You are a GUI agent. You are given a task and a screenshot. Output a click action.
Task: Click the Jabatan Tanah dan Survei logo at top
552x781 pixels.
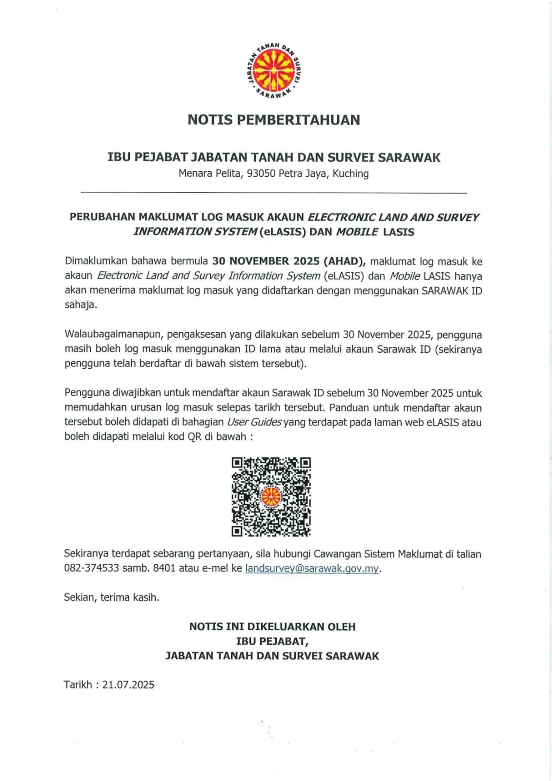tap(274, 71)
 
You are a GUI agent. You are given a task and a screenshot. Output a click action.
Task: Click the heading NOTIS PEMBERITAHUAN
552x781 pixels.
tap(274, 120)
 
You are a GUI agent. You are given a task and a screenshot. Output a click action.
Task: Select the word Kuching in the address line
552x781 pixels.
tap(350, 174)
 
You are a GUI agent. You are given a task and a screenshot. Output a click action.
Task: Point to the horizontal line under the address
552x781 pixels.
tap(273, 193)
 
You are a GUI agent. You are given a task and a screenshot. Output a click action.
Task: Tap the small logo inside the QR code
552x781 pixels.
tap(271, 497)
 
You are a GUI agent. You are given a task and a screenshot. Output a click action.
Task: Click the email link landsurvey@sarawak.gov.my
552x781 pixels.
tap(312, 569)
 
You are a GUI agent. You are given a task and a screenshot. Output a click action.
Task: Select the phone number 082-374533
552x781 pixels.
tap(92, 569)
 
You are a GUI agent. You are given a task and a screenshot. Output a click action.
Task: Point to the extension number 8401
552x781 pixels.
tap(164, 569)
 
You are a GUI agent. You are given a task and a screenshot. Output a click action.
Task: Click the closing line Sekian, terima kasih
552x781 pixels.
tap(112, 597)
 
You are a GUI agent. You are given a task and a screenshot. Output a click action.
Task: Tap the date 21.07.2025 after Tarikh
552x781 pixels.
tap(128, 685)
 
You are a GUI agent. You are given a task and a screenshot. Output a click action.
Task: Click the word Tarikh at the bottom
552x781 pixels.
tap(78, 685)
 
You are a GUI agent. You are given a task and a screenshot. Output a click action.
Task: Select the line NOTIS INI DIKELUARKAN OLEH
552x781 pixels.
tap(272, 627)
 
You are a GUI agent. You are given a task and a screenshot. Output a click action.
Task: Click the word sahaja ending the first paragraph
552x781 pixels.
tap(81, 305)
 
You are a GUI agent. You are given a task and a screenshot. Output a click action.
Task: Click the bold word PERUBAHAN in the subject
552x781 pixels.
tap(102, 217)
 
